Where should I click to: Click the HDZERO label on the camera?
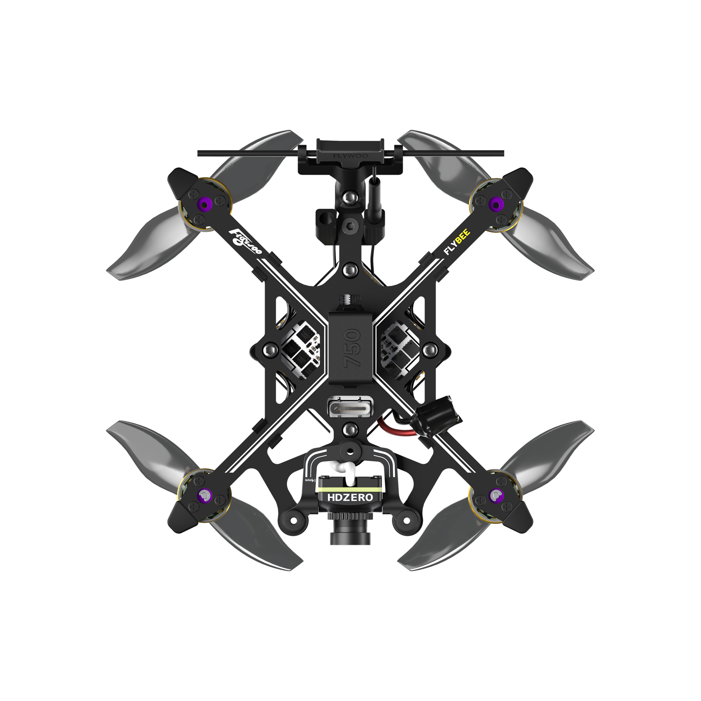350,497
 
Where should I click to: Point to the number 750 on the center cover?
352,348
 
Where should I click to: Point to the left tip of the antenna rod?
199,154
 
